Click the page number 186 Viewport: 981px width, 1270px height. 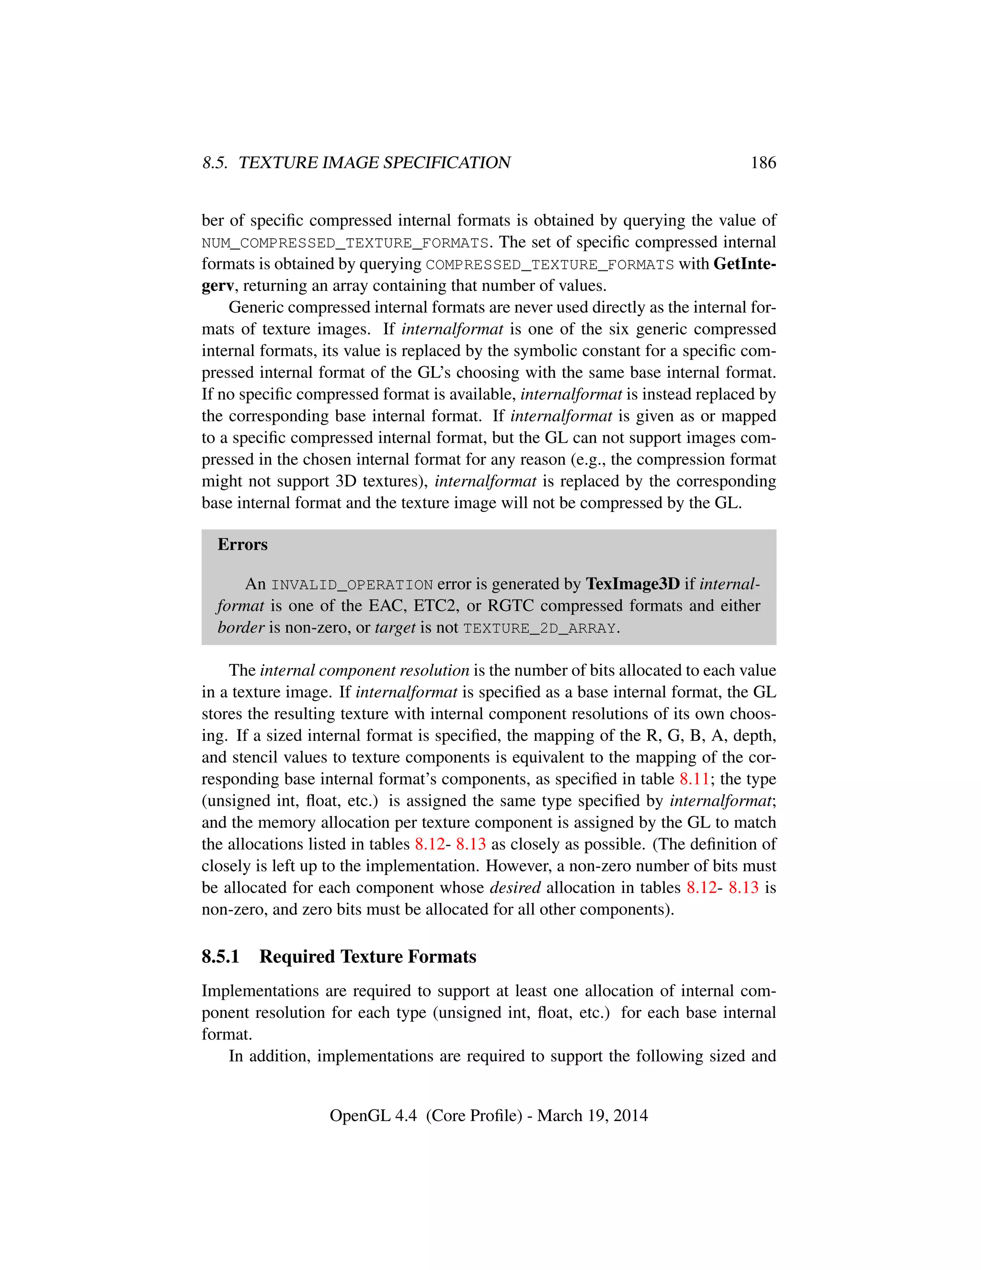click(763, 163)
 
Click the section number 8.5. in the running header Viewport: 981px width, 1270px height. click(215, 163)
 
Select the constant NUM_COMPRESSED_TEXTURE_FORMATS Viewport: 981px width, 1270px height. click(344, 243)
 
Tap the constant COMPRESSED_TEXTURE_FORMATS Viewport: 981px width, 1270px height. click(550, 265)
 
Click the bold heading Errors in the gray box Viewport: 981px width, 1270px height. click(242, 544)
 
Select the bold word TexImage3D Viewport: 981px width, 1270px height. click(632, 584)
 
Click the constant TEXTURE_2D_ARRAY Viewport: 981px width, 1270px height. click(539, 629)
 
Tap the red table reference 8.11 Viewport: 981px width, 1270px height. click(695, 779)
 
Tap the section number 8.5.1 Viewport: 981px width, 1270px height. click(220, 957)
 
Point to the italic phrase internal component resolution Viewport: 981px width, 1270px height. click(365, 670)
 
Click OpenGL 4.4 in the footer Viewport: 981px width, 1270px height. click(373, 1116)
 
